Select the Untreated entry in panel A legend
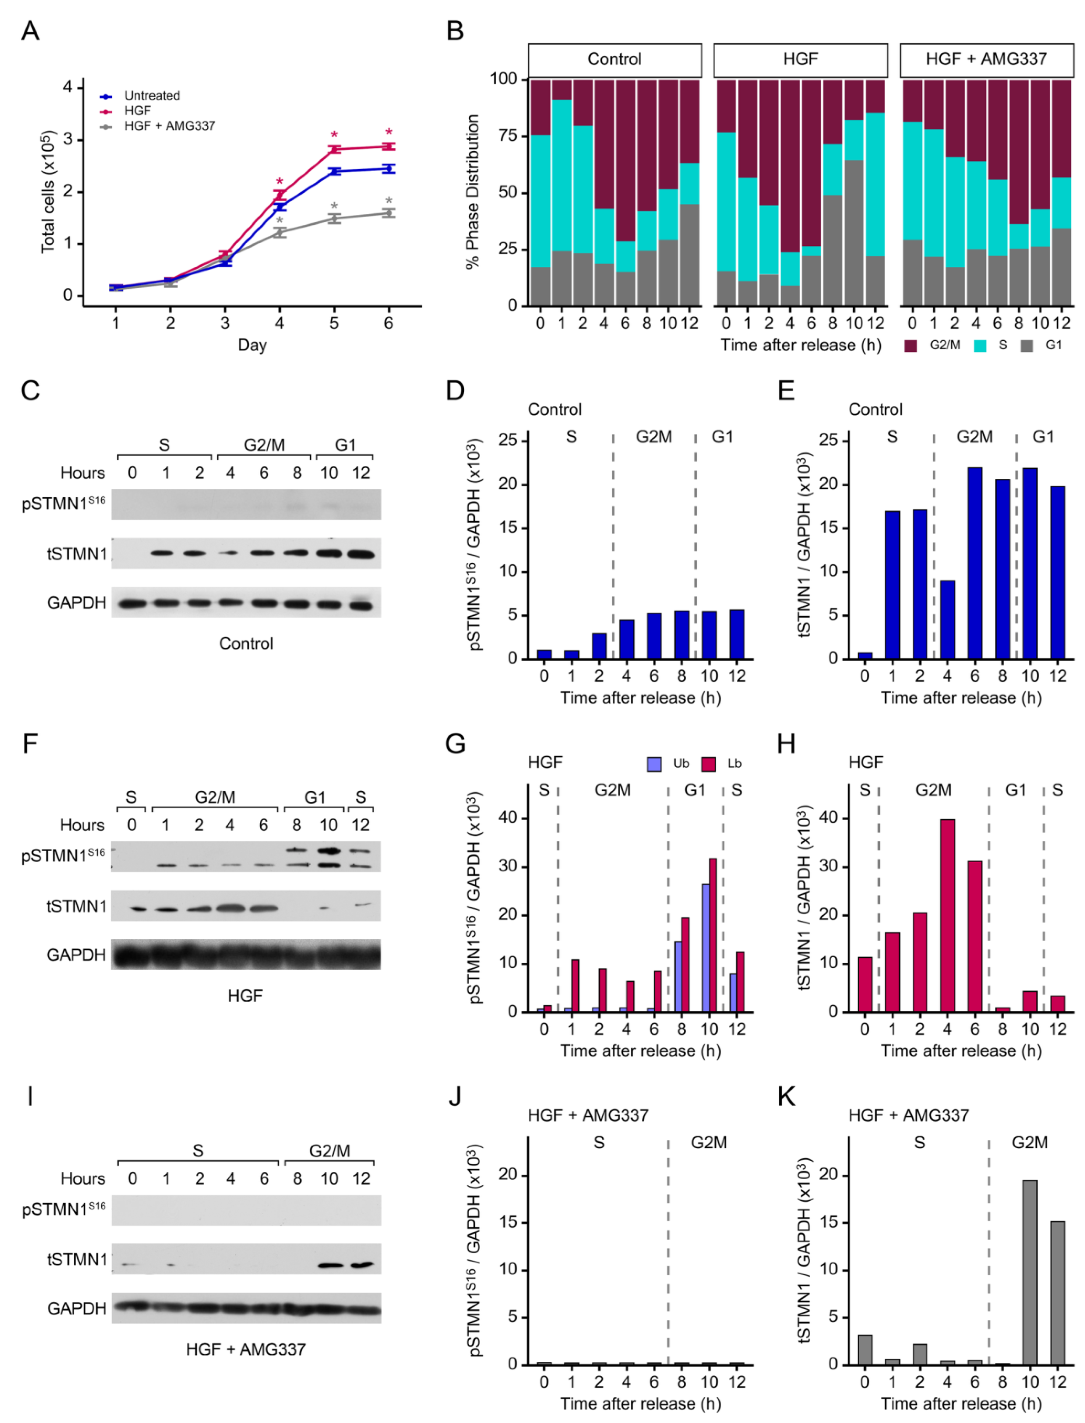[x=152, y=96]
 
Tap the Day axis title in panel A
[x=252, y=345]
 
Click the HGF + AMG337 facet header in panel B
[x=986, y=59]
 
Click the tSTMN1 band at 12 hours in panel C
[x=361, y=553]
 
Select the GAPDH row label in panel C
[x=76, y=603]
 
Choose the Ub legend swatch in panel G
[x=654, y=764]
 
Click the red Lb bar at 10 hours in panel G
[x=713, y=935]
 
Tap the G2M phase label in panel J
[x=709, y=1143]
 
